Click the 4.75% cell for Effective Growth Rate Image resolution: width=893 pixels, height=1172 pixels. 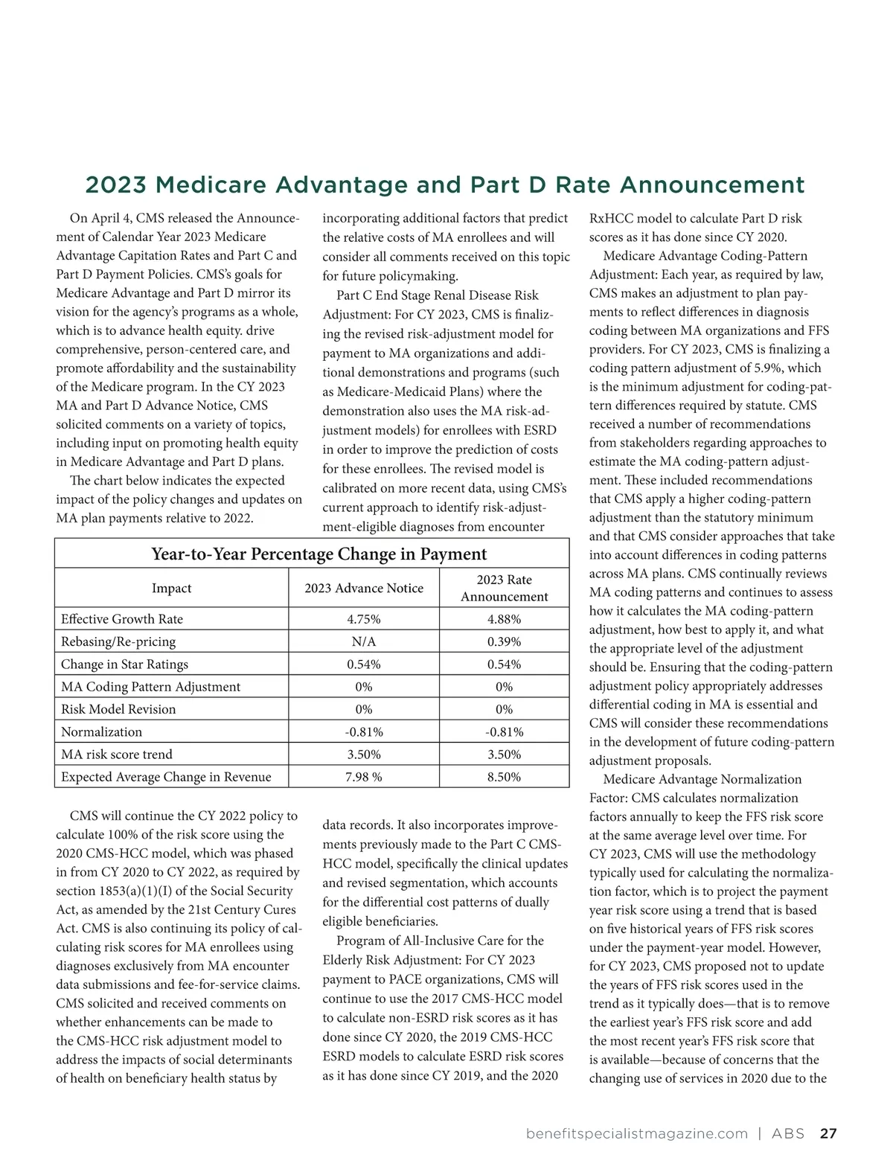tap(364, 619)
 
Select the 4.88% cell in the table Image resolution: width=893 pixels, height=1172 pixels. tap(504, 619)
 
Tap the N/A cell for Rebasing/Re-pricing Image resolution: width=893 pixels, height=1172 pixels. tap(364, 641)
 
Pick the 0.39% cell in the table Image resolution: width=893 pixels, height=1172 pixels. tap(504, 641)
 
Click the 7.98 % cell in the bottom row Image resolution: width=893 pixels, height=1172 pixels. tap(364, 777)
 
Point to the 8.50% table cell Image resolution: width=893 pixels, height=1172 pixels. tap(504, 777)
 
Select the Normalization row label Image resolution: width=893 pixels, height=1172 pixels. tap(101, 731)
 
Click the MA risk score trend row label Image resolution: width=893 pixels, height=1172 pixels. tap(117, 754)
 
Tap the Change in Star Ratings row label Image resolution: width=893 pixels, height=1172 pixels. tap(124, 664)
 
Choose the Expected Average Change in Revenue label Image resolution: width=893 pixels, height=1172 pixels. tap(166, 777)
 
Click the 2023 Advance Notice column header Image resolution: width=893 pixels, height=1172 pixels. tap(364, 588)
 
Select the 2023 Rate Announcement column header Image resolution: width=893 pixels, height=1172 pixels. tap(504, 588)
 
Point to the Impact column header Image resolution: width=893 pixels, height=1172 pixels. tap(171, 588)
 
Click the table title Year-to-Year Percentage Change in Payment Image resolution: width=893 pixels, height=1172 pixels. tap(319, 554)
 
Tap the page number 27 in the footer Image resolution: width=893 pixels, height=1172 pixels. tap(828, 1133)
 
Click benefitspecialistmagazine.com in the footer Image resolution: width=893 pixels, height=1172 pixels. tap(636, 1133)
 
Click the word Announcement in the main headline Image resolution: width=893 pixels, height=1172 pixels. tap(712, 185)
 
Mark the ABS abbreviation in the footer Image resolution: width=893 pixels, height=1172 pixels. tap(788, 1133)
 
